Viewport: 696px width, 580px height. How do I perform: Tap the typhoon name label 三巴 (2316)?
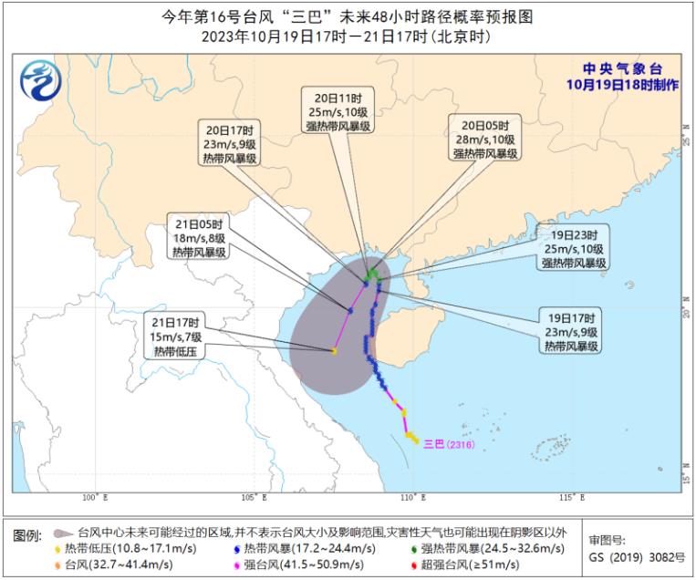pos(452,444)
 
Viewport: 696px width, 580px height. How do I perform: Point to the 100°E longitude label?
pos(94,497)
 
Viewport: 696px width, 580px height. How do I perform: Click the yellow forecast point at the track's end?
pos(335,351)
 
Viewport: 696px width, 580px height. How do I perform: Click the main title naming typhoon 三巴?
pos(347,16)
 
